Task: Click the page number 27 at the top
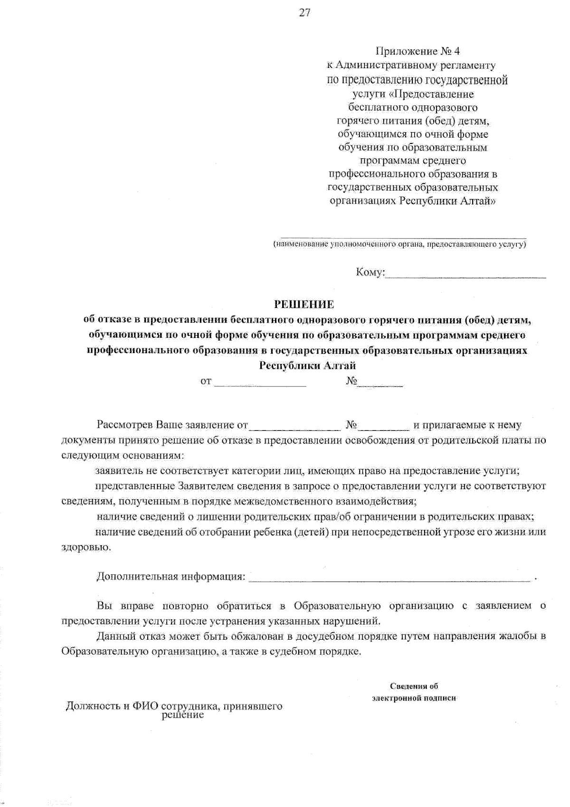click(304, 13)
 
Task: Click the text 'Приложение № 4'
click(418, 51)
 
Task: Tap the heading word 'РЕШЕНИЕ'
click(304, 304)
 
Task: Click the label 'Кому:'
click(369, 273)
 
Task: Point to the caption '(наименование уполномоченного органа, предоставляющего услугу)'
click(399, 244)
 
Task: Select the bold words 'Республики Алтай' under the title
click(307, 365)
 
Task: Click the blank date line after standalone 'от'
click(260, 385)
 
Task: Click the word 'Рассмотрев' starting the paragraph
click(125, 424)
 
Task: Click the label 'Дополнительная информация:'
click(171, 576)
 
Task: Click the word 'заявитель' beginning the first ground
click(117, 471)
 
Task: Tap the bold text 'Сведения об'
click(414, 686)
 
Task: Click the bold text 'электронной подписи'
click(414, 698)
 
